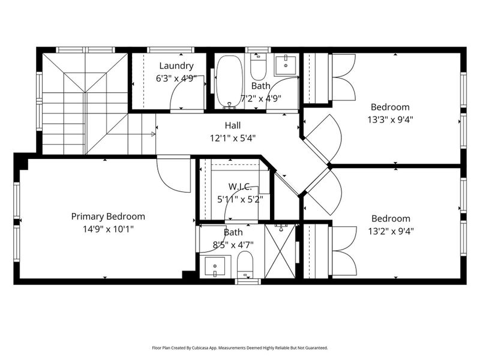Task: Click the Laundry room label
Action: pos(176,66)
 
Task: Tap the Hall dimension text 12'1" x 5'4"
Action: pos(233,138)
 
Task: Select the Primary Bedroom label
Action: pos(108,217)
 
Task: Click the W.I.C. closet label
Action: pos(241,187)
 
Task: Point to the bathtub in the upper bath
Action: pos(229,82)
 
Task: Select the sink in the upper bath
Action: pos(286,64)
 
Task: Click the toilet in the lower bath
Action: pos(245,265)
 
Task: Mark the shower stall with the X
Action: pos(281,251)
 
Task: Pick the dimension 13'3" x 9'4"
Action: pos(391,119)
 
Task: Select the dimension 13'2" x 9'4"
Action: pos(391,230)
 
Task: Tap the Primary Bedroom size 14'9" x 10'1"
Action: pos(108,229)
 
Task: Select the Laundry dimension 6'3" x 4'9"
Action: pos(176,78)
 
